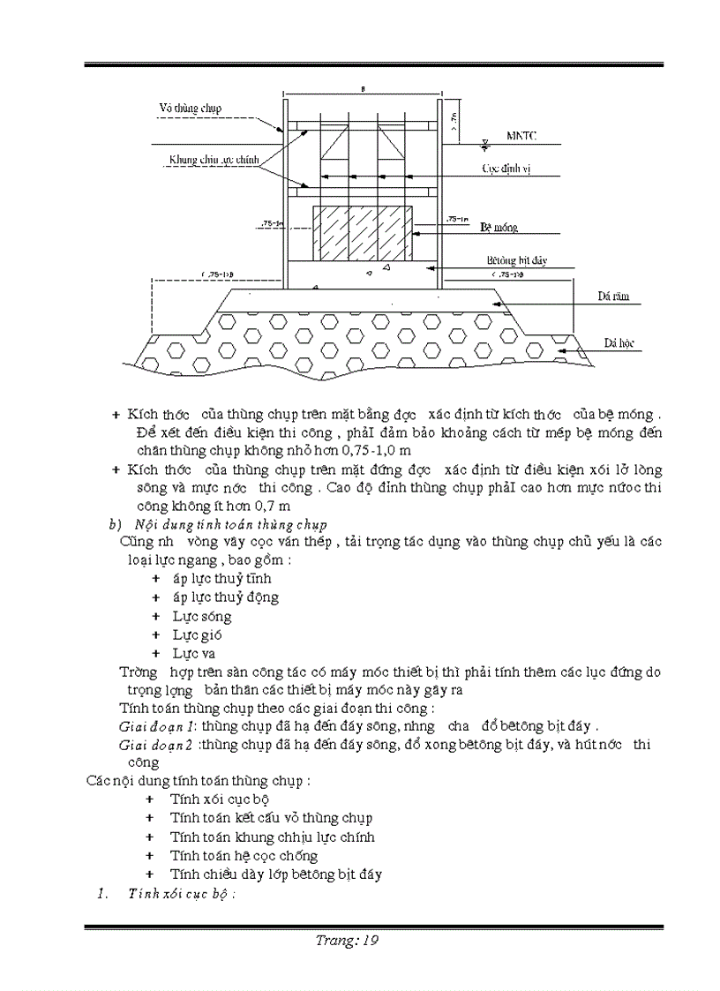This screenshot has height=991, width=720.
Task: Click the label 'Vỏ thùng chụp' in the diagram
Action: click(x=190, y=109)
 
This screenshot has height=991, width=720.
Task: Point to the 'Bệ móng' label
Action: click(x=499, y=227)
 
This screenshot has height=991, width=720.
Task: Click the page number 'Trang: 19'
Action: click(x=347, y=940)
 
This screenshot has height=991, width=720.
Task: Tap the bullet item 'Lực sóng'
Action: click(x=202, y=616)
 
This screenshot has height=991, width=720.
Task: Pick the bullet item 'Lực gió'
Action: click(x=197, y=634)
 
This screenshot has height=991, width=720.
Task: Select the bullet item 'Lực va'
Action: click(x=194, y=653)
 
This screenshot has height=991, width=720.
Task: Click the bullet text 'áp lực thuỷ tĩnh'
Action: click(x=221, y=579)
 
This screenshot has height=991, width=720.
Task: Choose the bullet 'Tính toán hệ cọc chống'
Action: click(x=244, y=855)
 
